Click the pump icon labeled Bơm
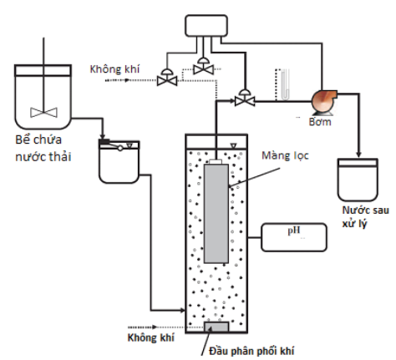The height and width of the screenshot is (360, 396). click(x=323, y=102)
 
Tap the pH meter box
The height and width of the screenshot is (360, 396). click(x=294, y=237)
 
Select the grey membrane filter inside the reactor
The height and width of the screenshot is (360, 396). click(x=216, y=214)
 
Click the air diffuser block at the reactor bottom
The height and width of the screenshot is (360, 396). click(x=216, y=327)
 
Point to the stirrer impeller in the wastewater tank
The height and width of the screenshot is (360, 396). click(x=43, y=113)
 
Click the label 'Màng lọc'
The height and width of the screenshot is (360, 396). click(x=285, y=155)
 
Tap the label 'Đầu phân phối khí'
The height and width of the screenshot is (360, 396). click(x=251, y=351)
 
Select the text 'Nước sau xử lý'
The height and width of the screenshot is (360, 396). click(x=365, y=216)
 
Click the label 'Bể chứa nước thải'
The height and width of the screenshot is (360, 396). click(x=43, y=148)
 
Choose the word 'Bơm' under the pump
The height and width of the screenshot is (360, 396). click(x=320, y=122)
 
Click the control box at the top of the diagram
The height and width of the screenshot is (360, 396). click(x=206, y=26)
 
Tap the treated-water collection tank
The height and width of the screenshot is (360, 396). click(x=358, y=180)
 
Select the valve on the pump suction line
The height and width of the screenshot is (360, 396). click(x=245, y=98)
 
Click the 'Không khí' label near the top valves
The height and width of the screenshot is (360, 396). click(x=114, y=69)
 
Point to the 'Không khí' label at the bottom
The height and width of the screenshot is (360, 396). click(x=151, y=337)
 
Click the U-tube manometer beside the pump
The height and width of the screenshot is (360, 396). click(x=285, y=84)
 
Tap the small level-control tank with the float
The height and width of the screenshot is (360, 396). click(x=119, y=161)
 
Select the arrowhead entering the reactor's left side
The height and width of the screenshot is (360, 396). click(x=183, y=310)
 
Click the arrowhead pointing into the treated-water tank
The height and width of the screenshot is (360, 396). click(x=359, y=155)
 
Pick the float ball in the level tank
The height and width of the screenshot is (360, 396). click(x=120, y=149)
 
